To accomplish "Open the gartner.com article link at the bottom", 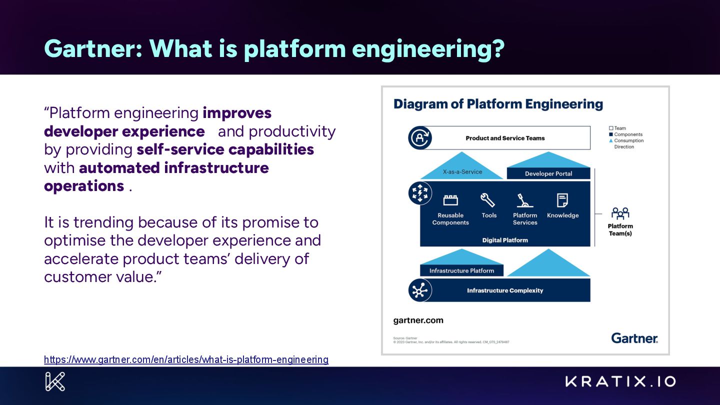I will pyautogui.click(x=186, y=359).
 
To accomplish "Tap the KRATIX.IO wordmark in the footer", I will pyautogui.click(x=620, y=381).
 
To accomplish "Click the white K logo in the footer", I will pyautogui.click(x=55, y=381).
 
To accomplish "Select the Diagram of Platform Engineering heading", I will pyautogui.click(x=498, y=104).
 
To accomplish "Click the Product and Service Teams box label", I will pyautogui.click(x=505, y=138).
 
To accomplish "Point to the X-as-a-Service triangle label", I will pyautogui.click(x=462, y=171).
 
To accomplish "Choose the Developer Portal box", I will pyautogui.click(x=548, y=173).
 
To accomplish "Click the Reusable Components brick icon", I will pyautogui.click(x=450, y=200).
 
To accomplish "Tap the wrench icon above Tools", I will pyautogui.click(x=487, y=200).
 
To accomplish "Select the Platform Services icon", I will pyautogui.click(x=524, y=200).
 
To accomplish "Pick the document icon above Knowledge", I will pyautogui.click(x=562, y=200).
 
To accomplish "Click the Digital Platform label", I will pyautogui.click(x=505, y=240).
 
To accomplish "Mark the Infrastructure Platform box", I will pyautogui.click(x=461, y=270).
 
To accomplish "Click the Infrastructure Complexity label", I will pyautogui.click(x=505, y=290).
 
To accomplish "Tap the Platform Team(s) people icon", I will pyautogui.click(x=620, y=213).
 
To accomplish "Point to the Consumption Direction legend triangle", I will pyautogui.click(x=610, y=140).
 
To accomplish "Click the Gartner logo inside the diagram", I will pyautogui.click(x=634, y=338).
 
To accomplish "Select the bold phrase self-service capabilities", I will pyautogui.click(x=225, y=149).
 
